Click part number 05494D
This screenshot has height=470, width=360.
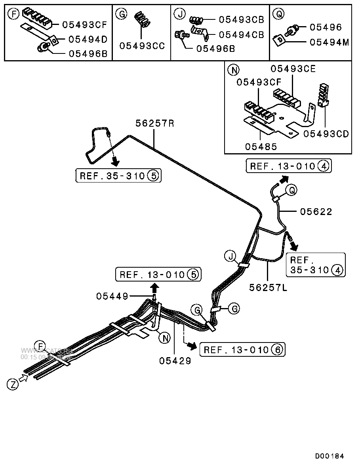pyautogui.click(x=88, y=39)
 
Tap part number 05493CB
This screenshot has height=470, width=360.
pyautogui.click(x=241, y=19)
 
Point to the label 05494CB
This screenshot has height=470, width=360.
pyautogui.click(x=241, y=35)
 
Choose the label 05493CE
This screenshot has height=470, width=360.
pyautogui.click(x=293, y=69)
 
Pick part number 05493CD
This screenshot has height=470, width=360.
pyautogui.click(x=326, y=134)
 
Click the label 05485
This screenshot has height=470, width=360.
pyautogui.click(x=261, y=146)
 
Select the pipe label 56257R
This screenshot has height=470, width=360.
pyautogui.click(x=155, y=123)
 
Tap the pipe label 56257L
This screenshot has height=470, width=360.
pyautogui.click(x=268, y=287)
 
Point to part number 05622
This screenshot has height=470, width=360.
pyautogui.click(x=316, y=212)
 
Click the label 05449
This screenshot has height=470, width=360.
pyautogui.click(x=112, y=296)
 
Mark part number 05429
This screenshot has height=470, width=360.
pyautogui.click(x=175, y=360)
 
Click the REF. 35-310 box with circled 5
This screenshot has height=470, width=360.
pyautogui.click(x=119, y=175)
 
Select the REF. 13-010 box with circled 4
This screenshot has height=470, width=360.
pyautogui.click(x=289, y=166)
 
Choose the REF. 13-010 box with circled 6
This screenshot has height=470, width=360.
pyautogui.click(x=242, y=350)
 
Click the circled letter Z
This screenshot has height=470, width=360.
pyautogui.click(x=13, y=384)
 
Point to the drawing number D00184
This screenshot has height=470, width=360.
pyautogui.click(x=330, y=456)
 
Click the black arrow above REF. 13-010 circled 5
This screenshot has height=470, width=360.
pyautogui.click(x=154, y=287)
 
